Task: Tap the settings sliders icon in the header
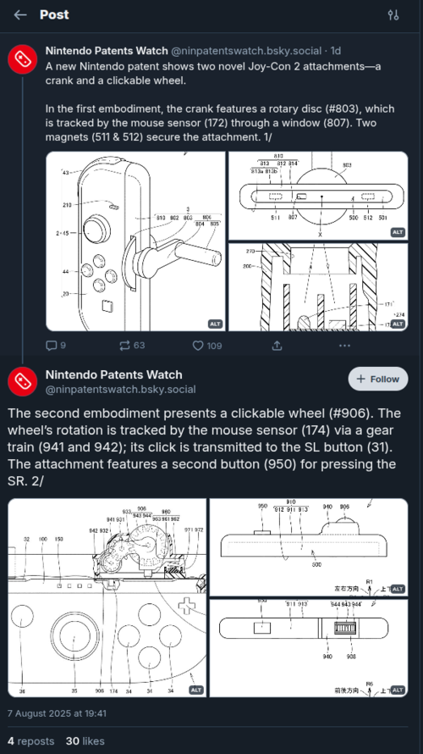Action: point(393,15)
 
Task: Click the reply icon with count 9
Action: point(51,346)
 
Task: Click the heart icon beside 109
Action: point(198,346)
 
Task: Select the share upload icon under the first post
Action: point(277,346)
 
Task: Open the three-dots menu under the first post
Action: point(343,346)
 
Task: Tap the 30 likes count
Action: point(85,740)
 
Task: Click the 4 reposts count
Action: point(30,740)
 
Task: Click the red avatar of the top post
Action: point(21,60)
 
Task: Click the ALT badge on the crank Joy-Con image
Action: point(215,324)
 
